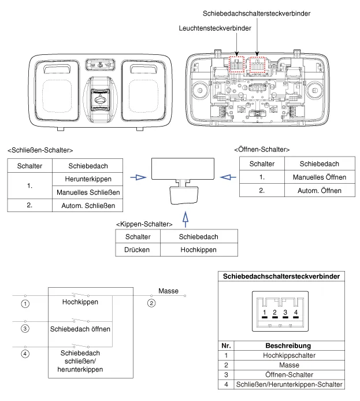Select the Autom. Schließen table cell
point(88,206)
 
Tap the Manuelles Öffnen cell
point(316,177)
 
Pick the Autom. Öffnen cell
point(316,191)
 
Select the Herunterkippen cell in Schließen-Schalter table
point(88,179)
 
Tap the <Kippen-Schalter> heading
point(143,223)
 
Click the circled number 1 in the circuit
point(25,303)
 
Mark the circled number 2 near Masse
point(151,303)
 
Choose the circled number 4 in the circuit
point(25,354)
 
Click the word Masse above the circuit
point(168,291)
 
